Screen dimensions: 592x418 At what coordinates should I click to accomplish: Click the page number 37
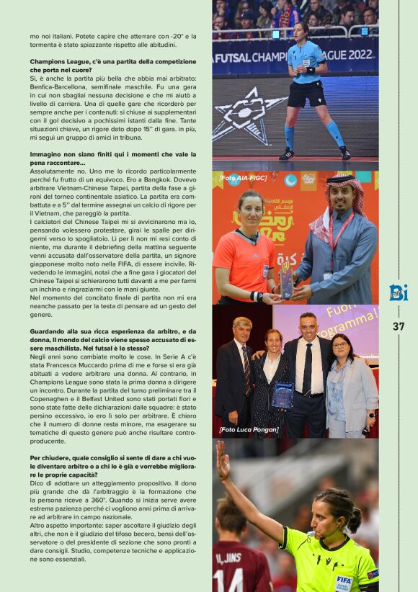tap(399, 326)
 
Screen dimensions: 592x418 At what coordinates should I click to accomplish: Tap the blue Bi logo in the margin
tap(399, 292)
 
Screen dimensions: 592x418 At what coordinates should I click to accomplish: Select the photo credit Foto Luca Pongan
tap(249, 429)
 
